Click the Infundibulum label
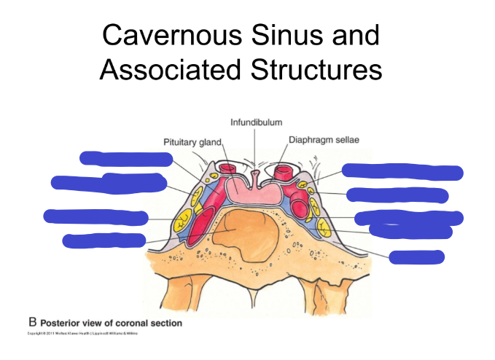click(x=256, y=122)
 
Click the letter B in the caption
click(x=32, y=321)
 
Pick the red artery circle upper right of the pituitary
click(x=284, y=171)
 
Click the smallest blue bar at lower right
click(x=416, y=257)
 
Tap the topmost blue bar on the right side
click(x=402, y=172)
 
